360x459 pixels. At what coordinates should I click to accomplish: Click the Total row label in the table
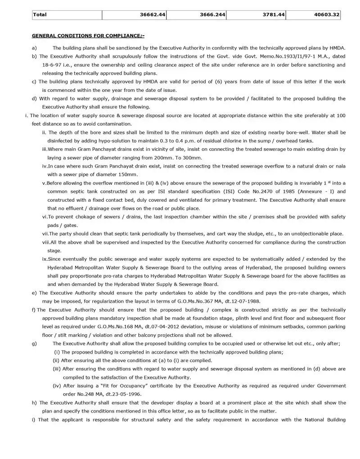click(x=40, y=15)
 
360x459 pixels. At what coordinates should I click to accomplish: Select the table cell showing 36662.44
click(x=153, y=15)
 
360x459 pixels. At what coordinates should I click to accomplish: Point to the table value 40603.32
click(x=327, y=15)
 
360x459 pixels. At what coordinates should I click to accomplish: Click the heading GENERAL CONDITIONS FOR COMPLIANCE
click(x=88, y=35)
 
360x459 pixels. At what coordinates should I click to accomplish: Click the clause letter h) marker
click(x=34, y=402)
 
